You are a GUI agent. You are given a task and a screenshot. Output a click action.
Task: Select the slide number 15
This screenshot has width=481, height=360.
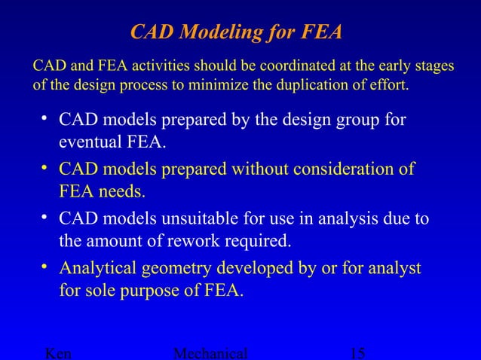point(359,353)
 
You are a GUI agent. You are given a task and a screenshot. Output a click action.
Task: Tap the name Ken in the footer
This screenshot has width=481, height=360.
point(60,353)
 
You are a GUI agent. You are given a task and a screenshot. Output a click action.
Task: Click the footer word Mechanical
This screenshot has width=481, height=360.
point(210,353)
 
